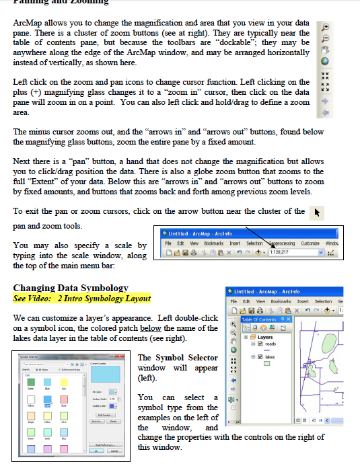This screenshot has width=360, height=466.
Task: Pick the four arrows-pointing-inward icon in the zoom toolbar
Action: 326,76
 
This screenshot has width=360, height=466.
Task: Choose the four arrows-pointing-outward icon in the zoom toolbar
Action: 326,87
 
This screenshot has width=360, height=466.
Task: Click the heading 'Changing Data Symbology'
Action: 71,288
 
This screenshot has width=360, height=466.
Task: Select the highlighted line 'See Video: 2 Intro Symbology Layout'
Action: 82,298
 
